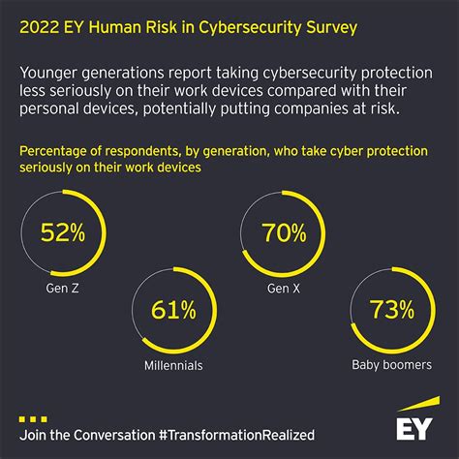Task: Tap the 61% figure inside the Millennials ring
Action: click(x=173, y=310)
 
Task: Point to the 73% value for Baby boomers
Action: click(x=394, y=310)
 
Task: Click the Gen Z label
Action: click(x=61, y=288)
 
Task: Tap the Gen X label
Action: click(x=285, y=288)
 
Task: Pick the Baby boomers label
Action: click(x=394, y=366)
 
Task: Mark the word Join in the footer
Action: click(x=34, y=435)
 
